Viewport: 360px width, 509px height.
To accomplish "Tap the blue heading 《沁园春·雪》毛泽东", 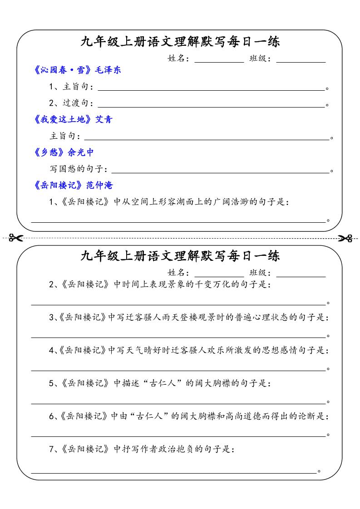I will coord(77,70).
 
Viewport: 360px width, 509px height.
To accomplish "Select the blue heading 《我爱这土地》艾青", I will coord(73,119).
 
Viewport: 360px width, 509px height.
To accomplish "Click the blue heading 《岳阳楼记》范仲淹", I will coord(73,185).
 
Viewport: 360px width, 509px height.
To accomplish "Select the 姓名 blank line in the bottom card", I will coord(219,276).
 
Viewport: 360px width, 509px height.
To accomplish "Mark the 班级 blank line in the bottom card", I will coord(301,276).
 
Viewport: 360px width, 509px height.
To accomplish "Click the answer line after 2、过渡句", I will coord(211,107).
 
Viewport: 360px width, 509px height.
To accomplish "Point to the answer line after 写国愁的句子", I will coord(220,172).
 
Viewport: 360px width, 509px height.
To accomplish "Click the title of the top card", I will coord(180,42).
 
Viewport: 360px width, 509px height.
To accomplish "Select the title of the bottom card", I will coord(180,256).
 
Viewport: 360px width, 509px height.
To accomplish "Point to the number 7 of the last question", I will coord(52,450).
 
